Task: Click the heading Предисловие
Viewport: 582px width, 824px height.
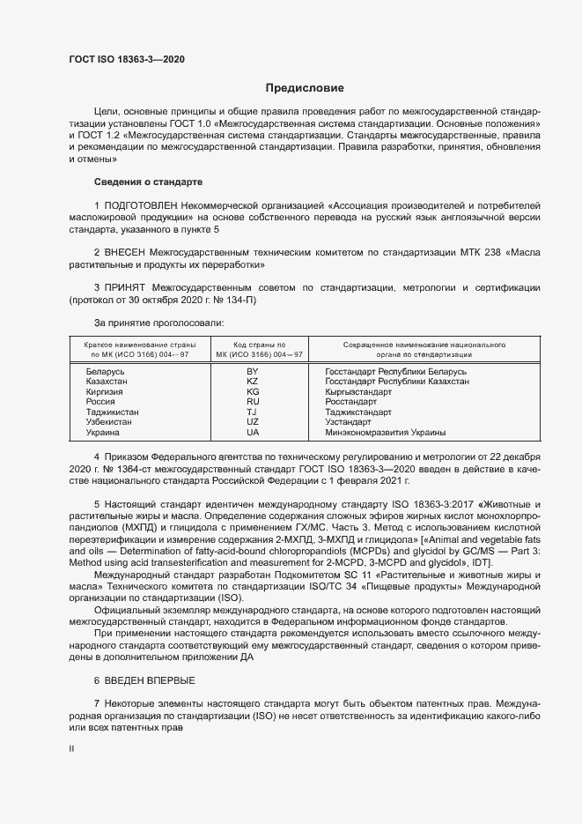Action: (305, 88)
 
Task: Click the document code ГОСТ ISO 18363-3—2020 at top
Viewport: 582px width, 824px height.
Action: (127, 60)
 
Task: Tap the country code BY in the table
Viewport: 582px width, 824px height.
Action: (253, 372)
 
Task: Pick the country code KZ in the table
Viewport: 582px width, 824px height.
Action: (253, 382)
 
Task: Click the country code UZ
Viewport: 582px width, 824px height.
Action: (253, 422)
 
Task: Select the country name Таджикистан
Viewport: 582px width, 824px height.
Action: (112, 412)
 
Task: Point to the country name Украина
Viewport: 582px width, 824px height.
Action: (105, 433)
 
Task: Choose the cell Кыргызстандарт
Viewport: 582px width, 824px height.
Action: (358, 392)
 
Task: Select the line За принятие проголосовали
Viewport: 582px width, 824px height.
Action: (151, 323)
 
